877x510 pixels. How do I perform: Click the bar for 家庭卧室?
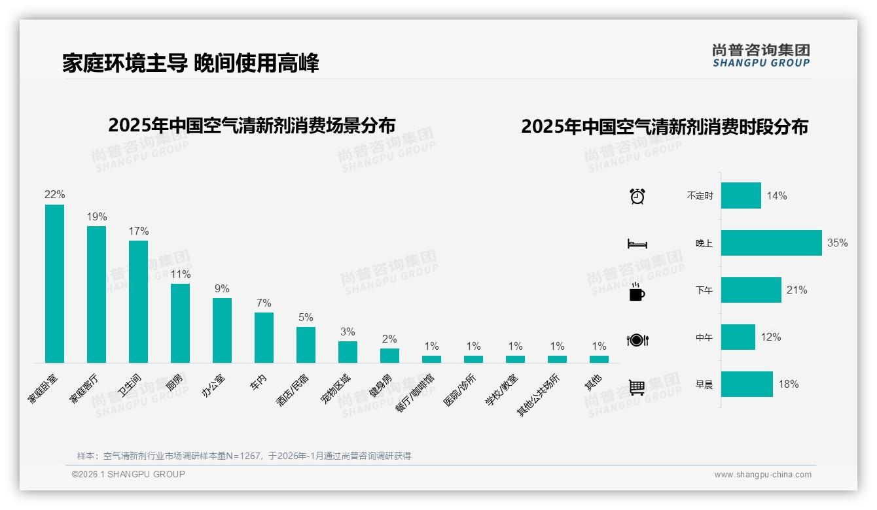click(x=54, y=284)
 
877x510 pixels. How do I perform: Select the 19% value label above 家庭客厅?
click(x=97, y=217)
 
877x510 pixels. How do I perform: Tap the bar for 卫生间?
click(x=138, y=301)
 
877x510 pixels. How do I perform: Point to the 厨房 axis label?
click(x=174, y=382)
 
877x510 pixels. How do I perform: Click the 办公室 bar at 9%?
click(x=222, y=330)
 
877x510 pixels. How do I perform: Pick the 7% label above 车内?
click(x=264, y=303)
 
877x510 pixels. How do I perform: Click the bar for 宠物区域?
click(x=348, y=352)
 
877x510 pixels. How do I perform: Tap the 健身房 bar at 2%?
click(x=389, y=356)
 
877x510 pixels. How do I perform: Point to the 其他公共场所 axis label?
click(x=539, y=395)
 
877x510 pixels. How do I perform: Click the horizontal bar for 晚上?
click(x=771, y=243)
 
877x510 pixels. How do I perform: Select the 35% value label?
click(x=838, y=243)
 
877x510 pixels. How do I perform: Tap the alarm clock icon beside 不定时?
click(x=637, y=195)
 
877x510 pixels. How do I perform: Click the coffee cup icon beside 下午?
click(x=637, y=292)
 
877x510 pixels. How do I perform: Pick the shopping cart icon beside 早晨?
click(x=637, y=386)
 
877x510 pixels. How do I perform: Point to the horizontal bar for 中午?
click(x=738, y=337)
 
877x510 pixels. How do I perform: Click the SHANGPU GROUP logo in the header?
click(x=761, y=56)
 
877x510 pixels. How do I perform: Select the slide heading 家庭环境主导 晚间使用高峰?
click(x=190, y=63)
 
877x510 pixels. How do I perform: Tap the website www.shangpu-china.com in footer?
click(x=762, y=475)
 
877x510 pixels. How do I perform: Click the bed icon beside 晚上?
click(x=637, y=244)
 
